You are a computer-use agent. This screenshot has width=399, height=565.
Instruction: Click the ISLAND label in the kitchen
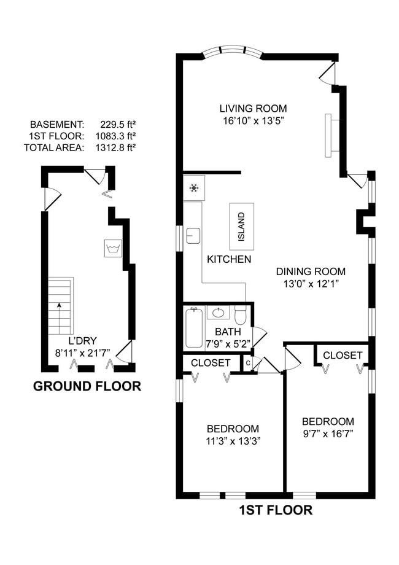(x=242, y=227)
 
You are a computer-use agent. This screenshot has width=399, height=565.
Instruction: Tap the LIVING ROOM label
(x=253, y=109)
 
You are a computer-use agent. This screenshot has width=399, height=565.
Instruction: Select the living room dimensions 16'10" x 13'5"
(x=253, y=121)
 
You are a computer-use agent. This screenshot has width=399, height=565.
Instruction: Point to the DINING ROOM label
(x=311, y=271)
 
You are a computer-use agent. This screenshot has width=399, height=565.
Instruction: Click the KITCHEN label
(x=229, y=259)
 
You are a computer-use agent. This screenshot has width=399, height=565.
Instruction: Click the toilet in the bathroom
(x=241, y=316)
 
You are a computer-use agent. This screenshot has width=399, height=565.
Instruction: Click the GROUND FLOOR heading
(x=87, y=386)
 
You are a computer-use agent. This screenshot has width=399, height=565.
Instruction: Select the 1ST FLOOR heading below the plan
(x=276, y=510)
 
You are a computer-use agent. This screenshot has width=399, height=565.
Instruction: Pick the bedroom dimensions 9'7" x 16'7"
(x=328, y=434)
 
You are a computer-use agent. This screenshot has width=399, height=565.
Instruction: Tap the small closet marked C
(x=248, y=363)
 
